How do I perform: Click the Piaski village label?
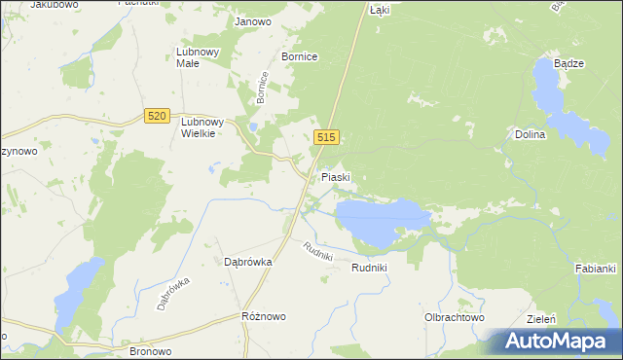tap(336, 178)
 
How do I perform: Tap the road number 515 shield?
tap(326, 139)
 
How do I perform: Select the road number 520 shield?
tap(156, 116)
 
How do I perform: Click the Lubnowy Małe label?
tap(201, 57)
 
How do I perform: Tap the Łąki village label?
tap(380, 9)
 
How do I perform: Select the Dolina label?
tap(531, 135)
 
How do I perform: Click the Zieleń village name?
tap(568, 318)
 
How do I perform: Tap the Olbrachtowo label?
tap(454, 317)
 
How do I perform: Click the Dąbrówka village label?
tap(247, 262)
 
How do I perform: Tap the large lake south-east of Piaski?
tap(380, 220)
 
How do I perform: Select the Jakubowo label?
tap(54, 5)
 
